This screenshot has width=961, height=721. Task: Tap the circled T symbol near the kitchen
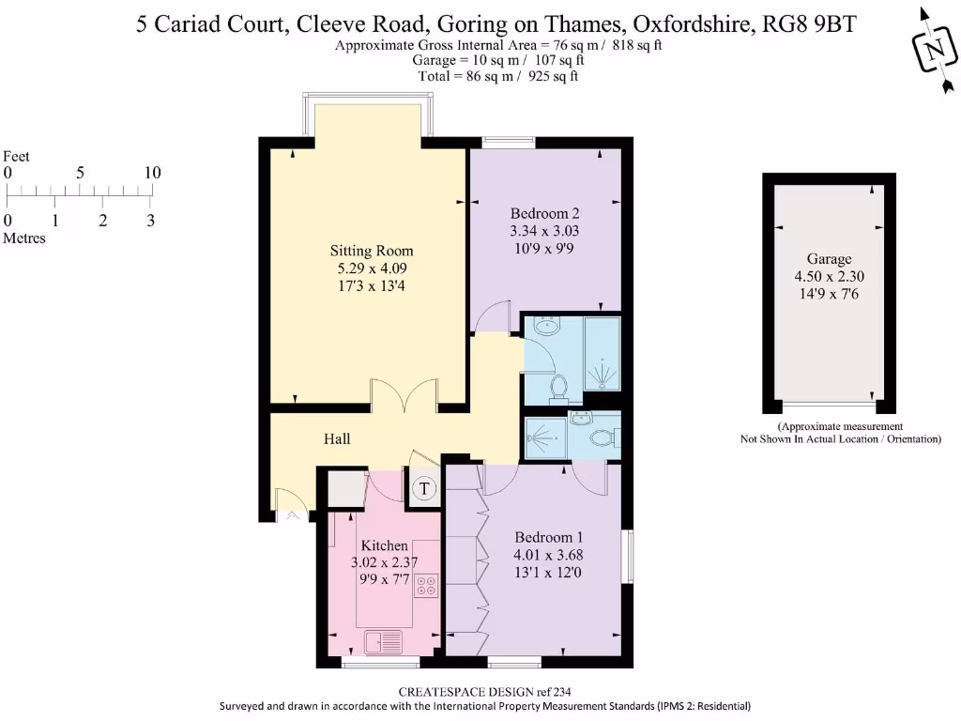point(424,488)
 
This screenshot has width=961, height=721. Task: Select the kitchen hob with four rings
point(426,586)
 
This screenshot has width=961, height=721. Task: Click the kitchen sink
point(383,642)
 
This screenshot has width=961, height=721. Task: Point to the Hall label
point(337,438)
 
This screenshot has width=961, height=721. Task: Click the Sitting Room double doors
point(404,395)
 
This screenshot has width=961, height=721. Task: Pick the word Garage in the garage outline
point(829,259)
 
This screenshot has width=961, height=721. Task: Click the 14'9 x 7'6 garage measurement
point(829,294)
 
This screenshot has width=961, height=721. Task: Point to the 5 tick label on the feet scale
point(81,174)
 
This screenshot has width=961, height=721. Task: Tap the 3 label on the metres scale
point(150,222)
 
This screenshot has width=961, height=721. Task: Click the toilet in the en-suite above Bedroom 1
point(602,437)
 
